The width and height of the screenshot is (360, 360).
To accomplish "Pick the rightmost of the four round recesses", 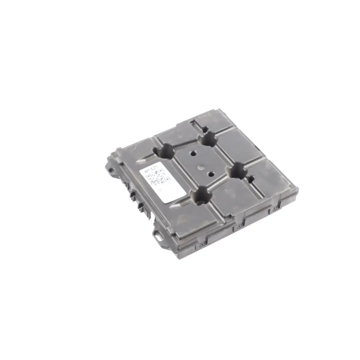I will pos(237,171).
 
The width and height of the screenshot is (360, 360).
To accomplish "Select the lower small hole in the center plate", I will pos(211,174).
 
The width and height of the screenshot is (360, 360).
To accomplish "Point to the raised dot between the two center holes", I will pos(201,168).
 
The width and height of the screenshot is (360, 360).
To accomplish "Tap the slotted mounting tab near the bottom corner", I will pos(157,233).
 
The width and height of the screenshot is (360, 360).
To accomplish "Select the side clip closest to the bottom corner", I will pos(202,245).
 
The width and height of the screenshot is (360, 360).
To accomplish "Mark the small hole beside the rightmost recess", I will pos(251,179).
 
